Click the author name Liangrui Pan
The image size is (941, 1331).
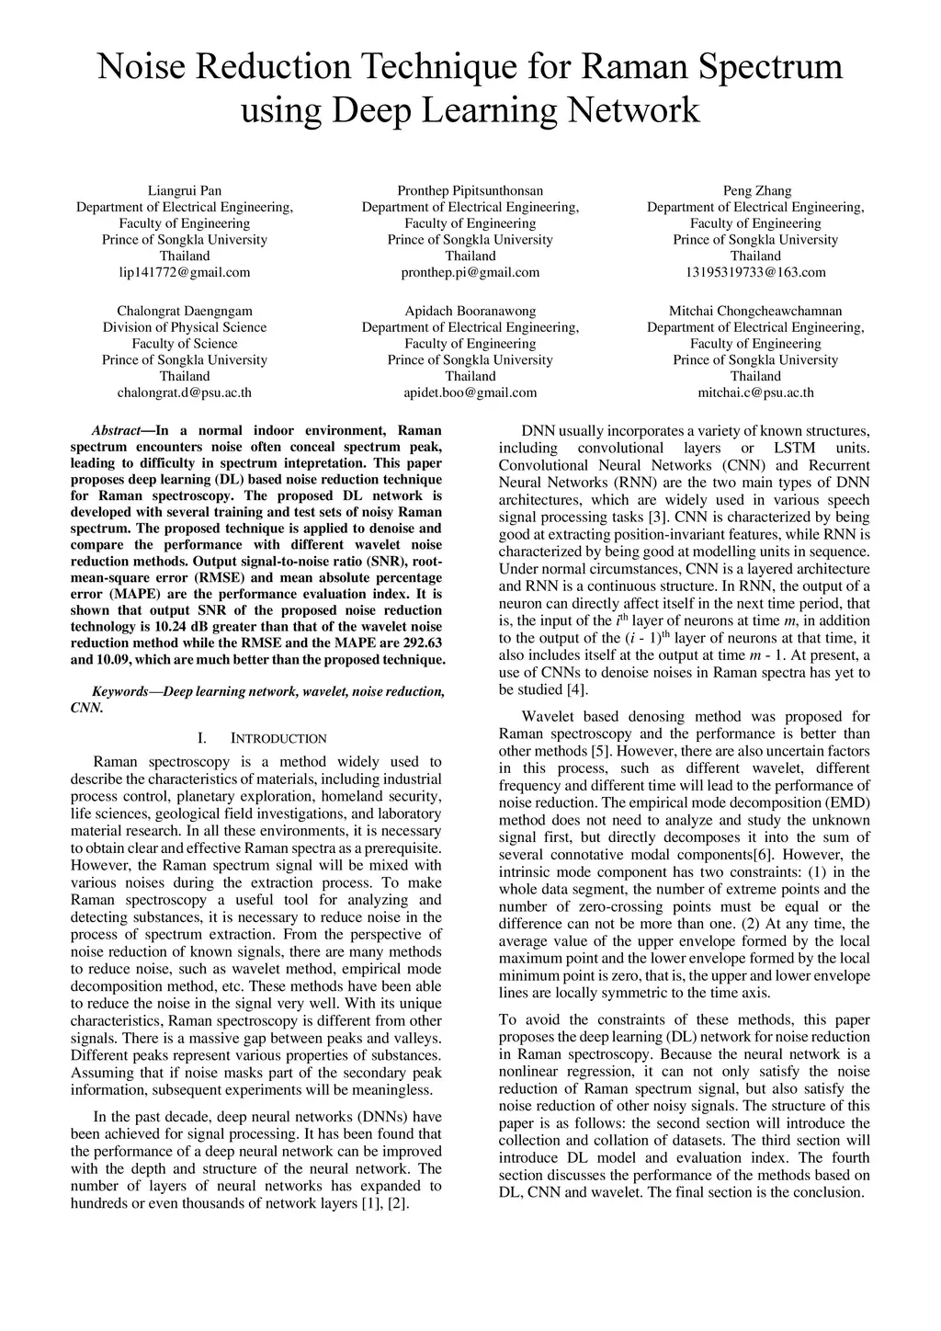pyautogui.click(x=185, y=191)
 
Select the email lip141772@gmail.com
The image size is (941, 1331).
pyautogui.click(x=185, y=272)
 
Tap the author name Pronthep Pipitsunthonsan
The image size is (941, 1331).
pyautogui.click(x=470, y=191)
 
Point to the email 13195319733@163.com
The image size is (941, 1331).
pyautogui.click(x=755, y=272)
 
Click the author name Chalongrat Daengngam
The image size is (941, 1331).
pyautogui.click(x=185, y=312)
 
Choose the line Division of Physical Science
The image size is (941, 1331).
pyautogui.click(x=185, y=327)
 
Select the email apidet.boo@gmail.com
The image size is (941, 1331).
pyautogui.click(x=470, y=392)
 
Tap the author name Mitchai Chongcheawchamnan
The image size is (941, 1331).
pyautogui.click(x=755, y=312)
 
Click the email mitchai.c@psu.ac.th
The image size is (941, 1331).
pyautogui.click(x=755, y=392)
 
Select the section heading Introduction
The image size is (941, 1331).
pyautogui.click(x=278, y=738)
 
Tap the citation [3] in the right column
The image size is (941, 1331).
pyautogui.click(x=656, y=517)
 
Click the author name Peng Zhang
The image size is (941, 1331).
pyautogui.click(x=756, y=191)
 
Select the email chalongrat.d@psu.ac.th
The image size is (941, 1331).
pyautogui.click(x=185, y=392)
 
